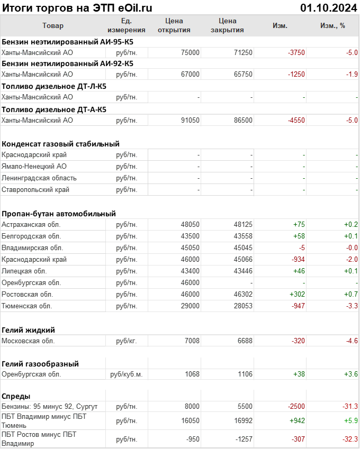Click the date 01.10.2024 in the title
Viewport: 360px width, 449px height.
(328, 7)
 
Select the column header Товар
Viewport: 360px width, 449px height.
(52, 25)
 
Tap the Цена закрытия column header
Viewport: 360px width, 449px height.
(227, 25)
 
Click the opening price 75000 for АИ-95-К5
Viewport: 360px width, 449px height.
(190, 52)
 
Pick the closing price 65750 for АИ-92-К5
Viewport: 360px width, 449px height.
(243, 75)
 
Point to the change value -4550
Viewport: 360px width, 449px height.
(296, 120)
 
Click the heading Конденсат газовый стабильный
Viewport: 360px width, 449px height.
(60, 143)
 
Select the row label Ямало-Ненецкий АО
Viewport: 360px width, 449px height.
(34, 166)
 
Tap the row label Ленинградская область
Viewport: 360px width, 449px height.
(39, 178)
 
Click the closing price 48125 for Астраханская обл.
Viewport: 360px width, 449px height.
(243, 224)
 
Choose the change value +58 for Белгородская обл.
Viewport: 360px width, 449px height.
(299, 236)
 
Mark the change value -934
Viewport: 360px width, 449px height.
(298, 259)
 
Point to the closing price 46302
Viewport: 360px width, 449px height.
(243, 294)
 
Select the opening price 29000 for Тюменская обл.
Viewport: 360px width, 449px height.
(190, 306)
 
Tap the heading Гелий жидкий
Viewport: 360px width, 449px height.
(28, 329)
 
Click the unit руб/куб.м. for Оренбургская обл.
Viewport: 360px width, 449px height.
(127, 374)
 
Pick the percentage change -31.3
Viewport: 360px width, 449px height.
(349, 406)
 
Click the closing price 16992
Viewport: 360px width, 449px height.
(243, 420)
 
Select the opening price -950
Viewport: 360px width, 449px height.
(191, 439)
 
